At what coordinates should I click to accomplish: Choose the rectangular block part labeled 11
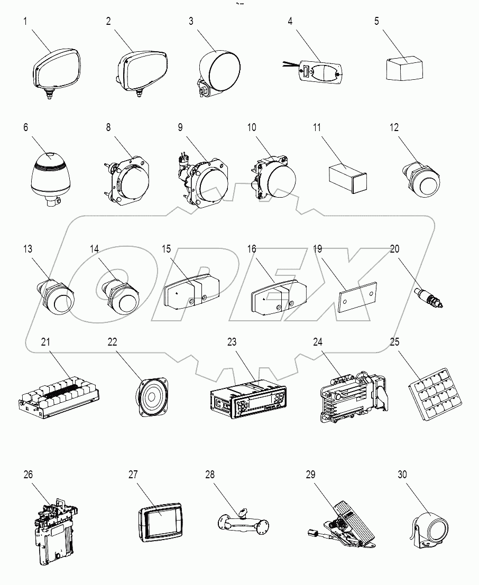point(346,174)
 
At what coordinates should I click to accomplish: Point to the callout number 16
point(251,248)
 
